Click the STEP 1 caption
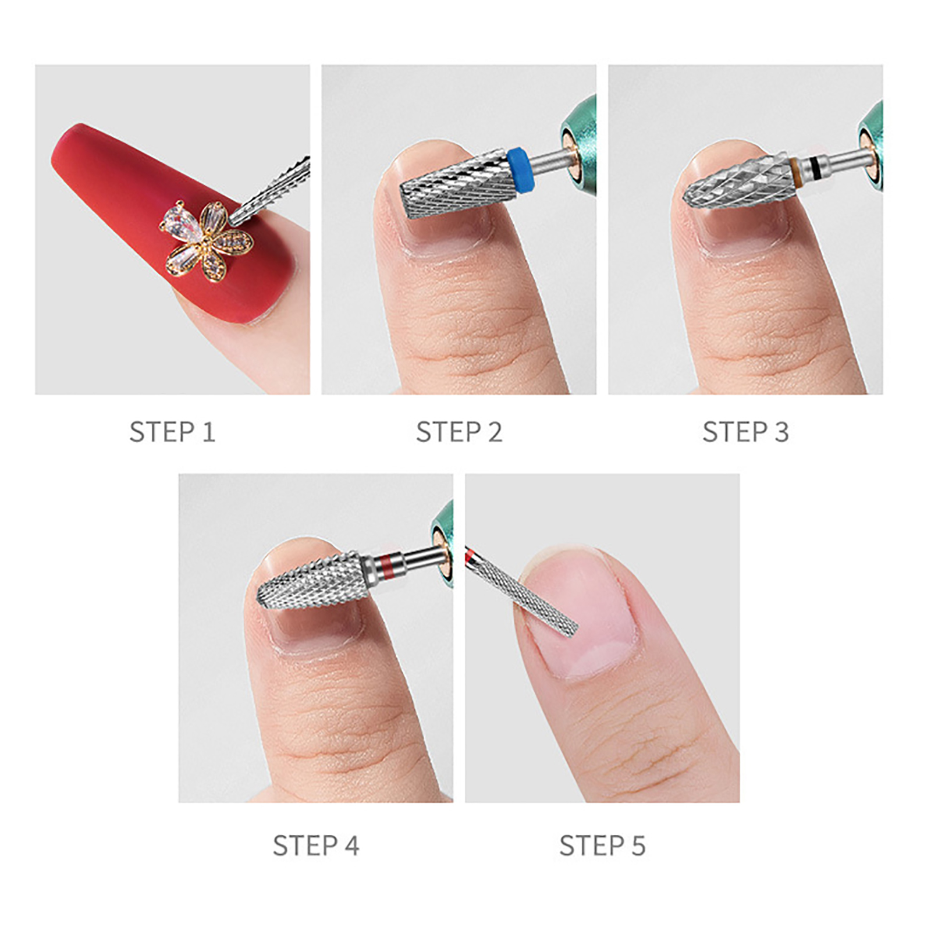coord(172,432)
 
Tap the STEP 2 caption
coord(459,432)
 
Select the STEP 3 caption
coord(745,432)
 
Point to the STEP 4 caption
coord(316,845)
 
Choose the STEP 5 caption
coord(602,845)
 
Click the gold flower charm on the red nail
coord(207,241)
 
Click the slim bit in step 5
coord(521,591)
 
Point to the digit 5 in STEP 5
coord(638,845)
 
